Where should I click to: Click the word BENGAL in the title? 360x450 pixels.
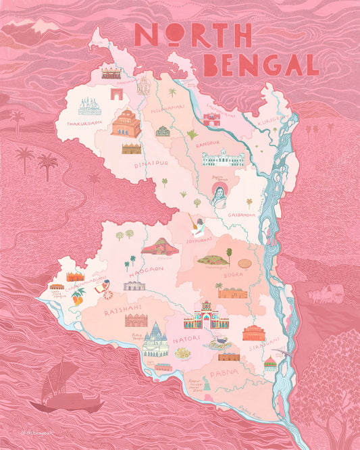click(x=261, y=65)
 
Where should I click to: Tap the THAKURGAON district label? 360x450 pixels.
click(x=84, y=123)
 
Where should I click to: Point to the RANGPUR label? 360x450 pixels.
click(x=204, y=143)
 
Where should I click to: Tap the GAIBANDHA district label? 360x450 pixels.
click(x=241, y=214)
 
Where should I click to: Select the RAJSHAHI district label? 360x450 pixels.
click(x=122, y=312)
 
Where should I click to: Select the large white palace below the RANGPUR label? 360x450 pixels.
click(x=222, y=159)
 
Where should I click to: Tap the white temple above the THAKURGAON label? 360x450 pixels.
click(x=89, y=106)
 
